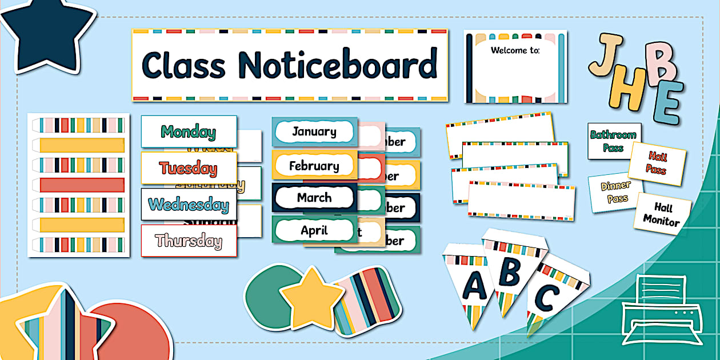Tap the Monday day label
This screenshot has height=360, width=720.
coord(189,132)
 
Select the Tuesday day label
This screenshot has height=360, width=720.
coord(189,168)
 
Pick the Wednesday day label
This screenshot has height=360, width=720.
coord(189,204)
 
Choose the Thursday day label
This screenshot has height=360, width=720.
coord(189,241)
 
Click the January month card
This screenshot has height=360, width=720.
coord(314,132)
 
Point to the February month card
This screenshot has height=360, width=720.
coord(314,166)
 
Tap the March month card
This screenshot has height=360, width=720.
coord(314,198)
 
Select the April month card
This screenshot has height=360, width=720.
coord(314,230)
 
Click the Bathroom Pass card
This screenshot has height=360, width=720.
coord(614,141)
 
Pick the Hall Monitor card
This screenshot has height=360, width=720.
coord(663,213)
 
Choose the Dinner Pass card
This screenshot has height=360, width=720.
coord(615,192)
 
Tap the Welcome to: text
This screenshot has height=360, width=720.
coord(515,50)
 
